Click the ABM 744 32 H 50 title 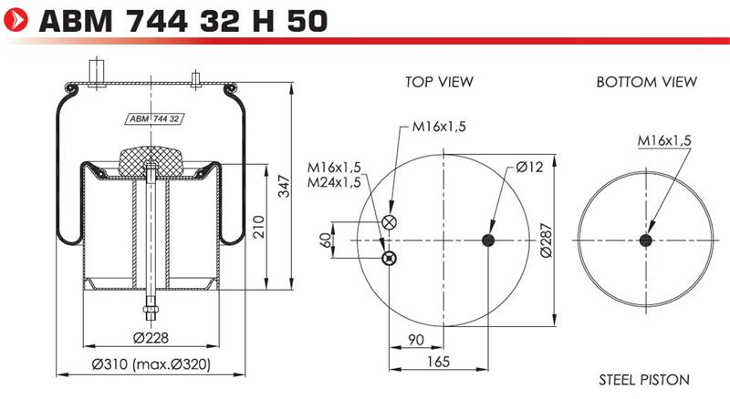click(x=184, y=21)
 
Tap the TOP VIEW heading click(x=439, y=82)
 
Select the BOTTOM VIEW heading click(x=647, y=82)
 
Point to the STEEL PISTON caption click(x=644, y=380)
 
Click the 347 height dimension click(x=284, y=186)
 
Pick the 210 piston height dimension click(x=259, y=227)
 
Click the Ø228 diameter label click(x=151, y=338)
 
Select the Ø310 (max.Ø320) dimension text click(x=151, y=363)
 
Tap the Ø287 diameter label click(x=546, y=240)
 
